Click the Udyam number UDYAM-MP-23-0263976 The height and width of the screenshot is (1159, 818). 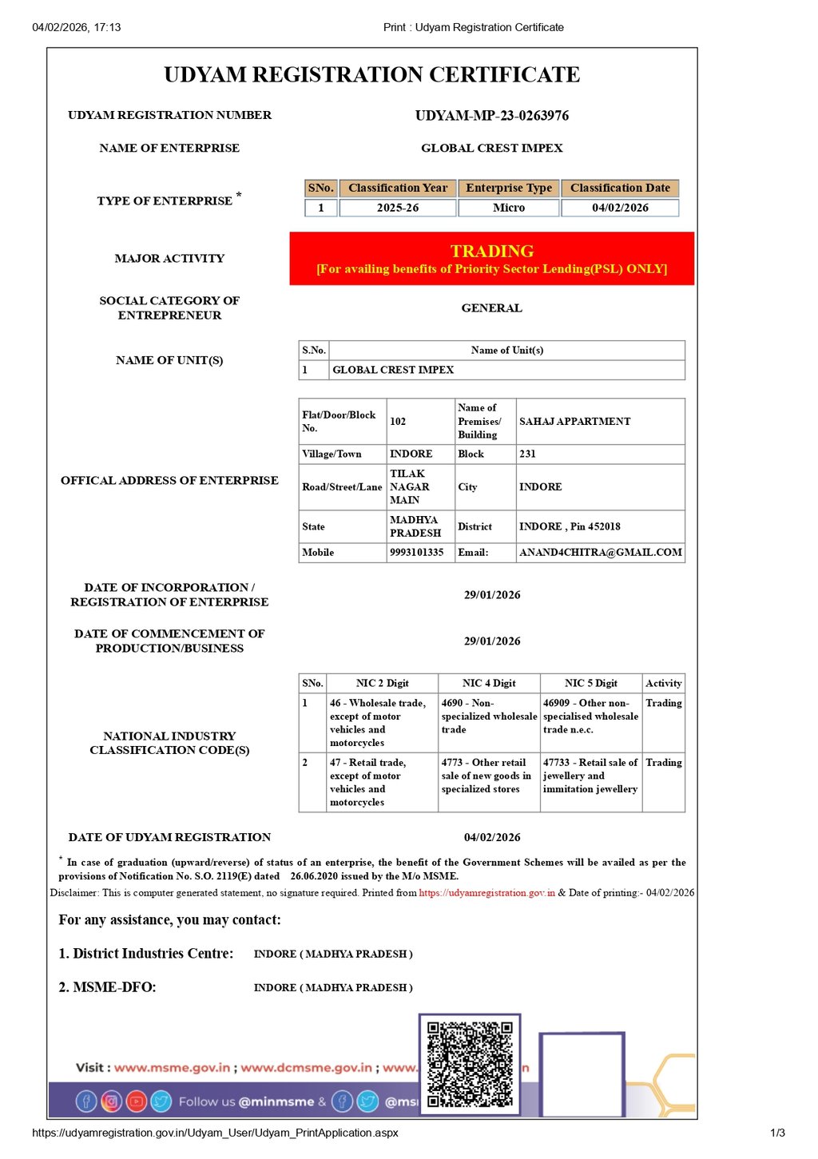coord(492,116)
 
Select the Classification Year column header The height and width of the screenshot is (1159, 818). coord(398,189)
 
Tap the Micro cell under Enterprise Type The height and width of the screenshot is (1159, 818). coord(509,208)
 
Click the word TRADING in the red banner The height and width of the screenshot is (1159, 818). coord(492,251)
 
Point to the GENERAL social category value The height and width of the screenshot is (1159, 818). coord(492,308)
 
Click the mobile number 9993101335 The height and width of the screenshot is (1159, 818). coord(416,553)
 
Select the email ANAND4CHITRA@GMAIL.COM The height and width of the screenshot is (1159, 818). coord(601,553)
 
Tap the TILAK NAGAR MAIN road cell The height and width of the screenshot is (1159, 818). coord(410,486)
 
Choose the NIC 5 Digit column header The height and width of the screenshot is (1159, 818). coord(591,684)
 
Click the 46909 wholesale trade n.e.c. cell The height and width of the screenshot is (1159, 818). coord(591,716)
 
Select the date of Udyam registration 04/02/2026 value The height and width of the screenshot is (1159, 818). coord(492,838)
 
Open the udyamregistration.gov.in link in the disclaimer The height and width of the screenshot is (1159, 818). coord(486,893)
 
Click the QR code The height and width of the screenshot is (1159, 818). coord(470,1064)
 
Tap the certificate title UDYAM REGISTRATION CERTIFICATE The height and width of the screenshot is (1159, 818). coord(372,75)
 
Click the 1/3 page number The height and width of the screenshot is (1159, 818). coord(777,1133)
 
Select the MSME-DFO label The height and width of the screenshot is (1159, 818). coord(108,988)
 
